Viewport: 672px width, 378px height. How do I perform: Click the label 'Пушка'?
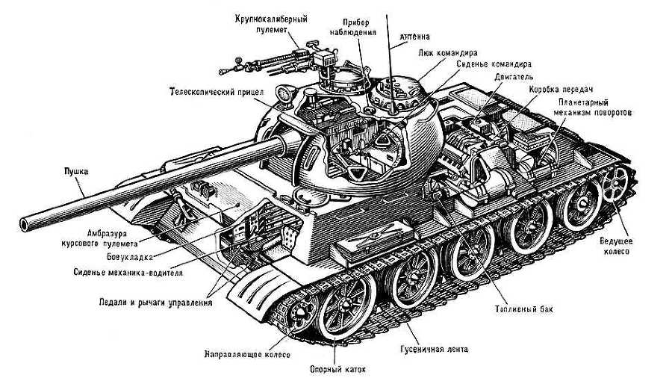coord(75,172)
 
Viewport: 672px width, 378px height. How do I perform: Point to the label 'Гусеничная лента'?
coord(432,347)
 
